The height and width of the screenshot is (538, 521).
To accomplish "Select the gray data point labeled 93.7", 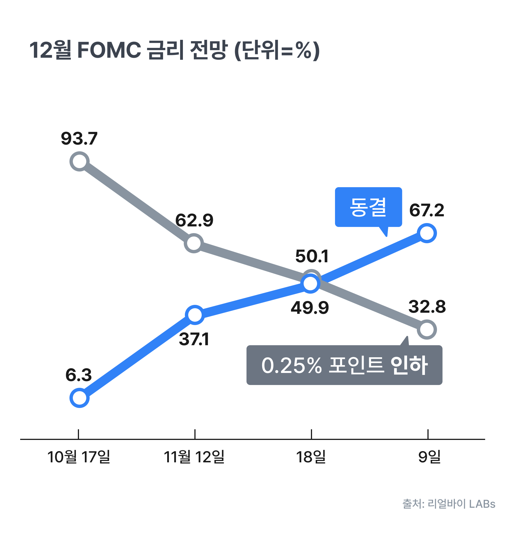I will (x=80, y=161).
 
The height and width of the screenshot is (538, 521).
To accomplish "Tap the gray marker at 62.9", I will (x=194, y=243).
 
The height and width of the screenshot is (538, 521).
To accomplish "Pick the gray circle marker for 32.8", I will (x=427, y=330).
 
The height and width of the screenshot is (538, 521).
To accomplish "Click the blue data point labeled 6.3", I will (x=80, y=398).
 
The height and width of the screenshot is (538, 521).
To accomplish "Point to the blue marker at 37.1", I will (x=195, y=315).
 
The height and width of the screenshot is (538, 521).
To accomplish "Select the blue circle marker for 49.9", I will (x=310, y=284).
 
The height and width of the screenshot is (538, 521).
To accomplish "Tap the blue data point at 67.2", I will (x=427, y=233).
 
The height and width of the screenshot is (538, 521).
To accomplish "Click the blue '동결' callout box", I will (x=368, y=207).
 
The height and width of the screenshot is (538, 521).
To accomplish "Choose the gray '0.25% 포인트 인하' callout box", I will (x=344, y=365).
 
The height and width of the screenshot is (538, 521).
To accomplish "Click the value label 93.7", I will (x=79, y=138).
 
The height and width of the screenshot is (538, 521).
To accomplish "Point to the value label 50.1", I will (x=312, y=256).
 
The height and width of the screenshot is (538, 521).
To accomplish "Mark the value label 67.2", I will (x=427, y=210).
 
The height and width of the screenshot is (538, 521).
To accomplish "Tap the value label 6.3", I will (x=79, y=375).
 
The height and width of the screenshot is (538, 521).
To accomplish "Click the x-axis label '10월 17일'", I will (x=79, y=457).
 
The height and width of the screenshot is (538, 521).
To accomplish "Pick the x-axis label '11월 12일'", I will (x=194, y=457).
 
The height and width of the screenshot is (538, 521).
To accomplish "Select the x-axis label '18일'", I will (x=311, y=457).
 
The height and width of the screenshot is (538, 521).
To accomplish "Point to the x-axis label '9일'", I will (x=429, y=457).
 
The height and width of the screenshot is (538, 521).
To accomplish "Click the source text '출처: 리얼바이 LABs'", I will (x=449, y=504).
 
